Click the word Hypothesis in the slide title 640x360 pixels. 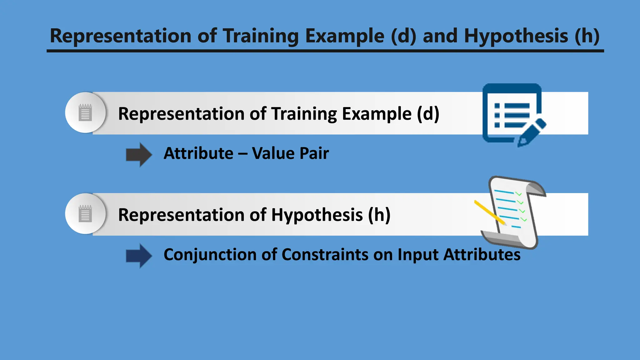[x=516, y=36]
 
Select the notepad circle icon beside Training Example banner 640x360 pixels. [x=85, y=112]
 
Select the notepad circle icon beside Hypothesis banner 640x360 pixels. [x=85, y=214]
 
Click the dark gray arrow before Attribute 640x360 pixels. [x=139, y=155]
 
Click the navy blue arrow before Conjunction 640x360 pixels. [x=139, y=256]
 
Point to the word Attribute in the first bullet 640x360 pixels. [x=198, y=153]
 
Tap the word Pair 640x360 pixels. [x=314, y=153]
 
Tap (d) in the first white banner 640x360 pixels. [x=428, y=113]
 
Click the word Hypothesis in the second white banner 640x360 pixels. [x=317, y=215]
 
